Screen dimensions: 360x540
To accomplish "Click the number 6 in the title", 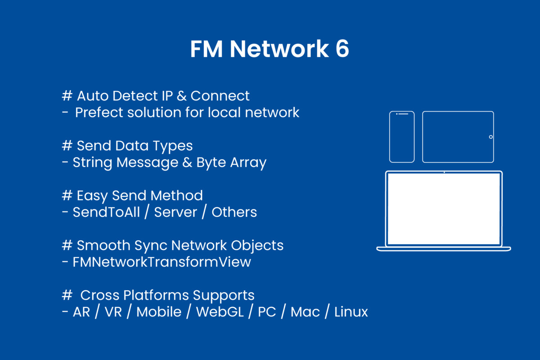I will pos(342,49).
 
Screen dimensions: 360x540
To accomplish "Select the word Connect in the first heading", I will pos(220,96).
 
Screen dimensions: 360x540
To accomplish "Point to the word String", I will pos(93,162).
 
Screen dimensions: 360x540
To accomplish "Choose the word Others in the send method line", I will pos(234,212).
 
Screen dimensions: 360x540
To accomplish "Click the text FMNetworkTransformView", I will pos(162,262).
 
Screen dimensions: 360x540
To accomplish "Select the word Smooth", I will pos(103,245).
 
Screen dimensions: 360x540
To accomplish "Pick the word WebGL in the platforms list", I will pos(220,312).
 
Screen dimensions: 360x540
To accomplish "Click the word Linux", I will pos(351,312).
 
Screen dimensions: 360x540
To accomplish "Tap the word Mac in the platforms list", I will pos(305,312).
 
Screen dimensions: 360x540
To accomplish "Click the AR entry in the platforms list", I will pos(81,312).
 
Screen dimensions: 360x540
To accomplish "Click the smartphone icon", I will pos(402,137).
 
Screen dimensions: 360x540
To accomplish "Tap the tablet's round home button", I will pos(490,137).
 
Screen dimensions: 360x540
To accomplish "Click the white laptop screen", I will pos(444,208).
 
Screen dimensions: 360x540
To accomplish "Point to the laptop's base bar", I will pos(444,248).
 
